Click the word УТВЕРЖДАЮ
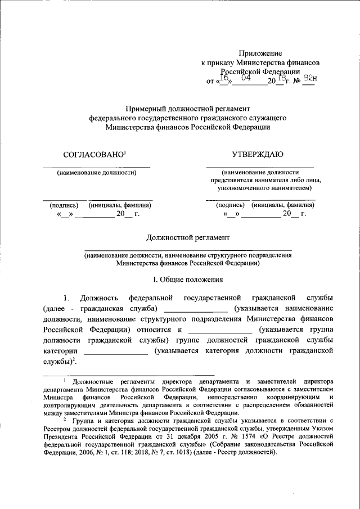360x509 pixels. [258, 154]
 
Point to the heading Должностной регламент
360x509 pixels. [188, 238]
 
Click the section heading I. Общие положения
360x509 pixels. [188, 279]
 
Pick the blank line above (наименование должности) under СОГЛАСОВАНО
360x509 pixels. [97, 168]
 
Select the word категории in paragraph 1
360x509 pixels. [59, 350]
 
